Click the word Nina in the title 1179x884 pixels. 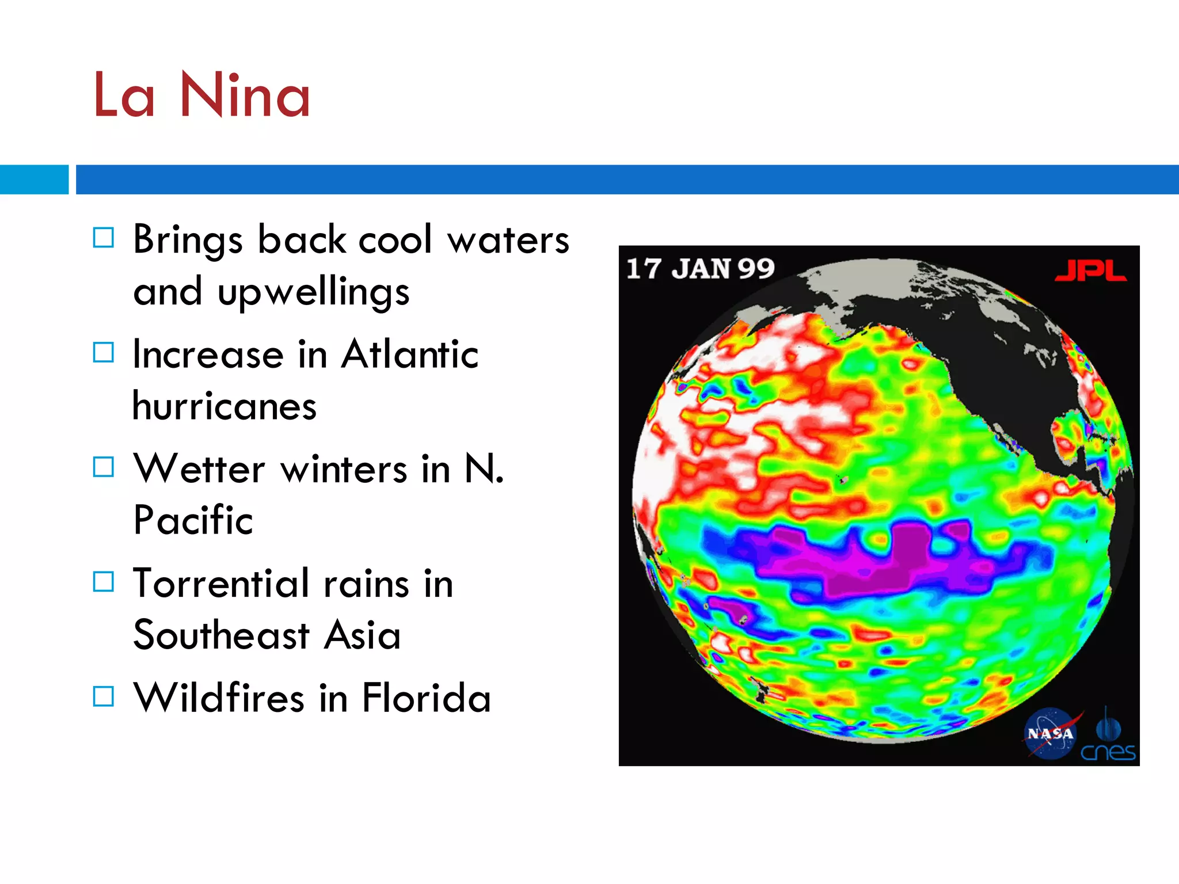click(245, 95)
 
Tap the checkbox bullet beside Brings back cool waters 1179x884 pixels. click(104, 237)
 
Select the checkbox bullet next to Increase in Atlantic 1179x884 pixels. click(104, 352)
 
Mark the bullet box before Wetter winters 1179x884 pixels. click(104, 467)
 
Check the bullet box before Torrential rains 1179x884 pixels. click(104, 581)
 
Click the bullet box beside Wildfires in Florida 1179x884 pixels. click(104, 696)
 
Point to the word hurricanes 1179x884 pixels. click(225, 406)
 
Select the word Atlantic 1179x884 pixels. click(409, 354)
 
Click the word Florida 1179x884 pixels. click(426, 698)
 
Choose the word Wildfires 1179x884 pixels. click(219, 698)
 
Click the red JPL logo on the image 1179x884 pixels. click(1090, 270)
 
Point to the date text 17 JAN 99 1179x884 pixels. click(700, 269)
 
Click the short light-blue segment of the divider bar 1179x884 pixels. click(34, 180)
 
